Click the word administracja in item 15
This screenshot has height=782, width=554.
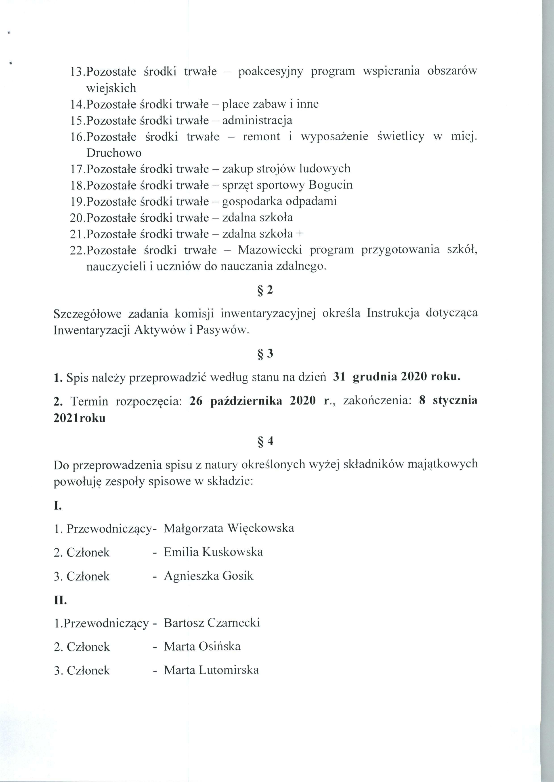coord(257,120)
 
